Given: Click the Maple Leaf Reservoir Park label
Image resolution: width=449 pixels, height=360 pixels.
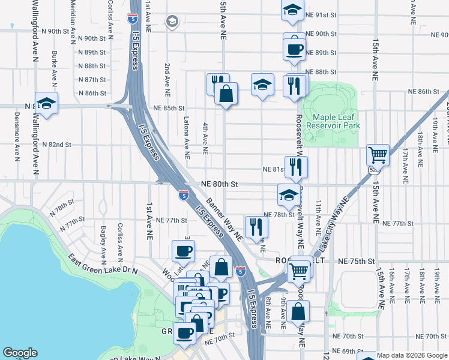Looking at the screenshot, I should pyautogui.click(x=333, y=121).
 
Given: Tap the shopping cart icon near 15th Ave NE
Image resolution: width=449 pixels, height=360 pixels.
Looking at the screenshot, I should pyautogui.click(x=378, y=155).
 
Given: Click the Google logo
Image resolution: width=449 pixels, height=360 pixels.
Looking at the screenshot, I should pyautogui.click(x=20, y=353).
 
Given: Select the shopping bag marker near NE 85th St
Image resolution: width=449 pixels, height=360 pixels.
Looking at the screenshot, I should pyautogui.click(x=226, y=94).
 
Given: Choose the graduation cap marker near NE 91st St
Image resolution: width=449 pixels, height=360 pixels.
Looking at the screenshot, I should pyautogui.click(x=292, y=10).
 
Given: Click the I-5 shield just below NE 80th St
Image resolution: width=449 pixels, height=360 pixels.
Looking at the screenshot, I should pyautogui.click(x=182, y=194).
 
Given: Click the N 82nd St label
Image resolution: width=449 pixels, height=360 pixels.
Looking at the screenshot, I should pyautogui.click(x=58, y=145).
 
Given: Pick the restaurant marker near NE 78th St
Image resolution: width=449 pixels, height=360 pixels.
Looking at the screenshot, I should pyautogui.click(x=257, y=226).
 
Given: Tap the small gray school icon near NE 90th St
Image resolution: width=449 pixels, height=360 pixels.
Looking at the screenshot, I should pyautogui.click(x=173, y=22).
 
